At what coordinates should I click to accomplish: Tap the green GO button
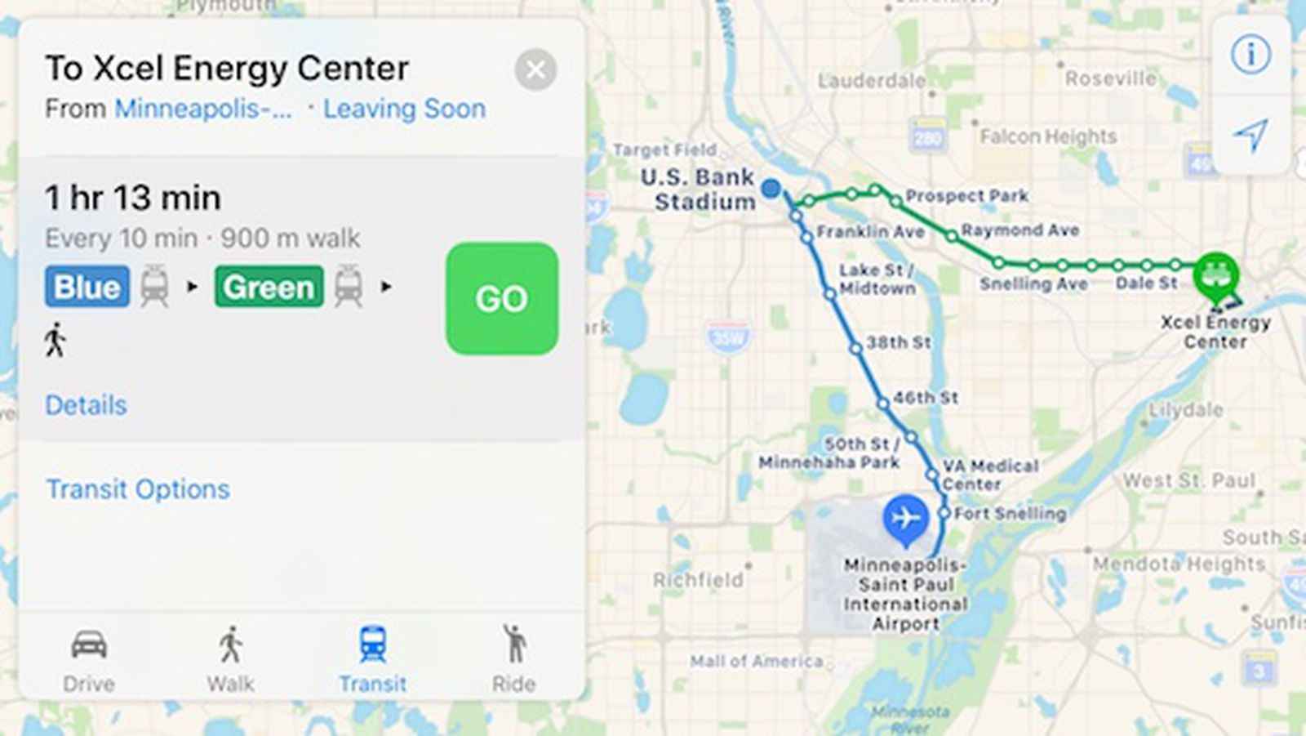pos(502,298)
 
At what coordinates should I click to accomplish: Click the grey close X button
pos(535,70)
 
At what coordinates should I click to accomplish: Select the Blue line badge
pos(87,287)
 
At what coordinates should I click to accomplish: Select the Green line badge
pos(269,287)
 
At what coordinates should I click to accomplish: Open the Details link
pos(86,405)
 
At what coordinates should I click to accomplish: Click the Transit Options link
pos(138,489)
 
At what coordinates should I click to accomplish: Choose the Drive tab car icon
pos(89,645)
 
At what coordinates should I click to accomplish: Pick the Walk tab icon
pos(231,645)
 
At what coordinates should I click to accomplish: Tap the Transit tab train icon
pos(372,645)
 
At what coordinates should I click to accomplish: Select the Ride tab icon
pos(514,645)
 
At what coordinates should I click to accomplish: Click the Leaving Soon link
pos(404,109)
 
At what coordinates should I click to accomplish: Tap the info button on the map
pos(1250,55)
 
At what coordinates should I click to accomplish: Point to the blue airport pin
pos(905,518)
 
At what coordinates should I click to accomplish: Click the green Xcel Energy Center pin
pos(1215,275)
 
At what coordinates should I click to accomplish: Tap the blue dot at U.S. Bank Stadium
pos(771,189)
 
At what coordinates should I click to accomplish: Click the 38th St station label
pos(898,342)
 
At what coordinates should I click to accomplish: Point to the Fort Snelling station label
pos(1010,514)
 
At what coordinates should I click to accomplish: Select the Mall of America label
pos(756,661)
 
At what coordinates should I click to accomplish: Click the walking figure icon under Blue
pos(56,340)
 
